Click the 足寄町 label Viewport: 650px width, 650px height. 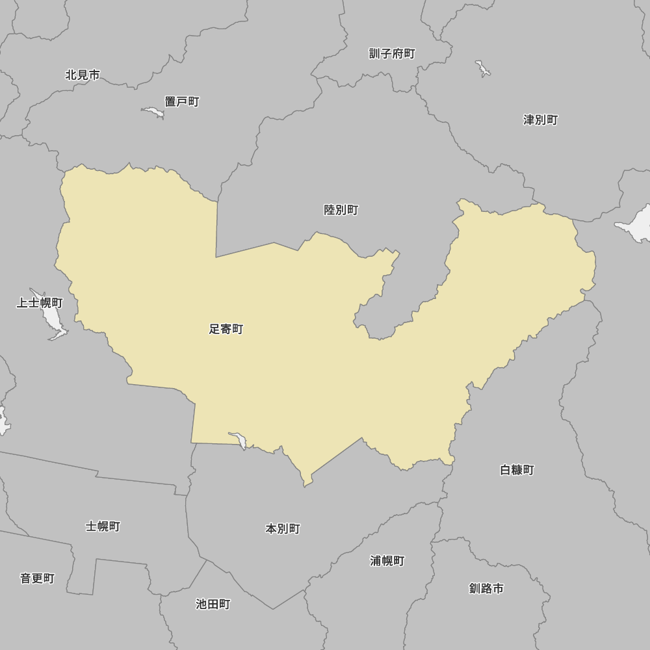[226, 330]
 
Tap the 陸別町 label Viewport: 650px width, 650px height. [341, 210]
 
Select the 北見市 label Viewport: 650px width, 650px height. [83, 75]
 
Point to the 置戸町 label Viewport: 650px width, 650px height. [182, 101]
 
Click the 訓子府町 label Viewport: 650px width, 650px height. [392, 53]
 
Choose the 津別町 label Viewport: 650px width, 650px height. [541, 120]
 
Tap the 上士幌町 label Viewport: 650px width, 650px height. [40, 303]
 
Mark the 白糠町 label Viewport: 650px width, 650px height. [517, 469]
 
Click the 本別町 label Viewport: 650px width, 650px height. [283, 528]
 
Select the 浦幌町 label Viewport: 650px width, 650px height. [387, 560]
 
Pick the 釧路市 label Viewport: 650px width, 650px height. [486, 588]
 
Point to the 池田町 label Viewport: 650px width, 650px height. [213, 604]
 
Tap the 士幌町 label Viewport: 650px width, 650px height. [103, 526]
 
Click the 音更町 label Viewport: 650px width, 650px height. [37, 578]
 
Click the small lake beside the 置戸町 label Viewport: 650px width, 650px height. [154, 112]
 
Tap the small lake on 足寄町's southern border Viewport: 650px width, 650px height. [239, 440]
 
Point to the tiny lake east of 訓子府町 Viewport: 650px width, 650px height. [482, 68]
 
